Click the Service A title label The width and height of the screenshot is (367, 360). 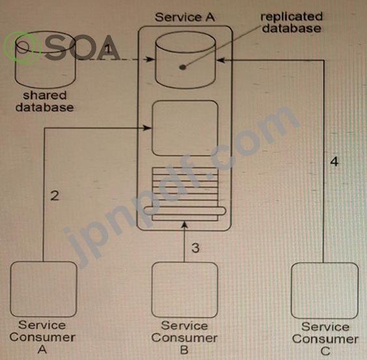coord(184,18)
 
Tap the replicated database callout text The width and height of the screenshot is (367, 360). coord(291,22)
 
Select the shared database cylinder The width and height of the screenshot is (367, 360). coord(46,60)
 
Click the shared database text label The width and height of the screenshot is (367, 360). coord(44,102)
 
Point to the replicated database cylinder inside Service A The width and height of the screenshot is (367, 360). coord(185,60)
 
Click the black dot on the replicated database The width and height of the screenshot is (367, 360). coord(183,67)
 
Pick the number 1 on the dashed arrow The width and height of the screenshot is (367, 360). coord(108,49)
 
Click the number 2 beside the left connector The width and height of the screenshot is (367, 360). coord(55,196)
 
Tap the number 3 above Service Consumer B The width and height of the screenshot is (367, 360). coord(196,248)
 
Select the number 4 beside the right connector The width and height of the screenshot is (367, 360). coord(334,161)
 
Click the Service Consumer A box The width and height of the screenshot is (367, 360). coord(44,289)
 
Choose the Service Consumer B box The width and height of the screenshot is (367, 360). coord(184,290)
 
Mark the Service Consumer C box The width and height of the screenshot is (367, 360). coord(325,290)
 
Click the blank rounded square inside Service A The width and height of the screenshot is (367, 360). coord(185,128)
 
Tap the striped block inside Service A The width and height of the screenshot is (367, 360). coord(185,194)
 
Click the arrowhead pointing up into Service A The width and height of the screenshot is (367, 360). coord(184,225)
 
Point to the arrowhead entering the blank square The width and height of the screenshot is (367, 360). coord(147,128)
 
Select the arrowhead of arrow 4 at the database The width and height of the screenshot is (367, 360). coord(221,60)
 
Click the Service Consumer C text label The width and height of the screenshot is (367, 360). coord(325,339)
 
